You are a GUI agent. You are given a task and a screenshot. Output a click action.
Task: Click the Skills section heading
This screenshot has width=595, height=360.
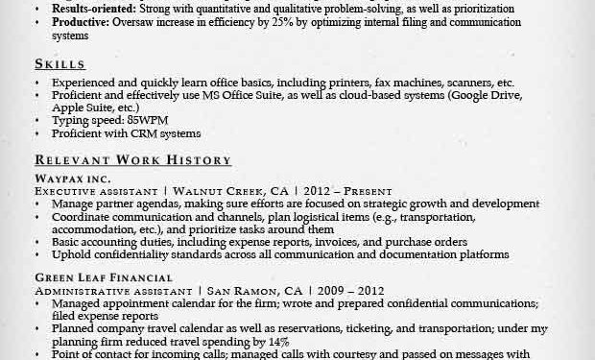point(59,64)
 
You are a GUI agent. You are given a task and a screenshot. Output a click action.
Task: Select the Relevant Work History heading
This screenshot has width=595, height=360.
point(132,160)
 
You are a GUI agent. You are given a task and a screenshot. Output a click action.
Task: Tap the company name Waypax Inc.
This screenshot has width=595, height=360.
point(72,179)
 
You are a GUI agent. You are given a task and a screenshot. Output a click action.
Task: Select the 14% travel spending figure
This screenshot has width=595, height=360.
point(278,341)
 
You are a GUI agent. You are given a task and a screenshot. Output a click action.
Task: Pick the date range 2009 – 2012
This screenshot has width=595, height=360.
point(351,291)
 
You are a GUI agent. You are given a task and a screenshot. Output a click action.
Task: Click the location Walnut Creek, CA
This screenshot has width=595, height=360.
point(224,191)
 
